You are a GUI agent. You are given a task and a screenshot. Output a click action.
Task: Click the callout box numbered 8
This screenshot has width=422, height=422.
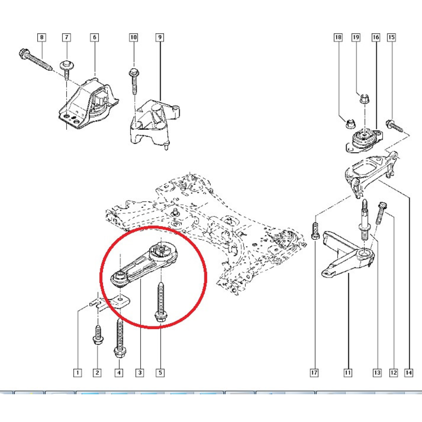(x=41, y=37)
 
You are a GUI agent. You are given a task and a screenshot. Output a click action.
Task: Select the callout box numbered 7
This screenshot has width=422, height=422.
(x=66, y=37)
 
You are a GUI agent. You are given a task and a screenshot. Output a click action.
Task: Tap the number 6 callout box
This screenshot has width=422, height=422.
(x=94, y=37)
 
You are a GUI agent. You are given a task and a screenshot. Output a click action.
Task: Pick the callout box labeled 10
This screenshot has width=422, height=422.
(x=133, y=37)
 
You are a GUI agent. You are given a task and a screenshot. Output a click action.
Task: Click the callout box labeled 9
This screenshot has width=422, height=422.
(x=160, y=37)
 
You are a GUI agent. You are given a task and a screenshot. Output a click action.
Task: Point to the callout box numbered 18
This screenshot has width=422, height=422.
(x=338, y=37)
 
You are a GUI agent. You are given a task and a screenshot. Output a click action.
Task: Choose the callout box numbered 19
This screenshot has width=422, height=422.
(x=356, y=37)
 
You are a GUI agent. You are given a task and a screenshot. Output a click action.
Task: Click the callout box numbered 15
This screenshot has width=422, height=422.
(x=391, y=37)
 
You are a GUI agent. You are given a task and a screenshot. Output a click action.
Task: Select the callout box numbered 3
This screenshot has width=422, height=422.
(x=140, y=372)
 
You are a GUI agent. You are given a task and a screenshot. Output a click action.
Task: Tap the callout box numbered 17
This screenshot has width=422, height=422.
(x=314, y=372)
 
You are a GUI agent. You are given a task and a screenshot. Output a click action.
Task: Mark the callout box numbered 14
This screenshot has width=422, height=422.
(x=409, y=372)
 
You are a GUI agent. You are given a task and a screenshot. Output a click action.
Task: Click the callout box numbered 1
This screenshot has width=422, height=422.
(x=77, y=372)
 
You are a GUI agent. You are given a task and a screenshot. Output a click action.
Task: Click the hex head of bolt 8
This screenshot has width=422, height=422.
(x=23, y=53)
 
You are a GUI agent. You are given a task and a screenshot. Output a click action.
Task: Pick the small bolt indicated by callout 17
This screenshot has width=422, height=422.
(x=315, y=231)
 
